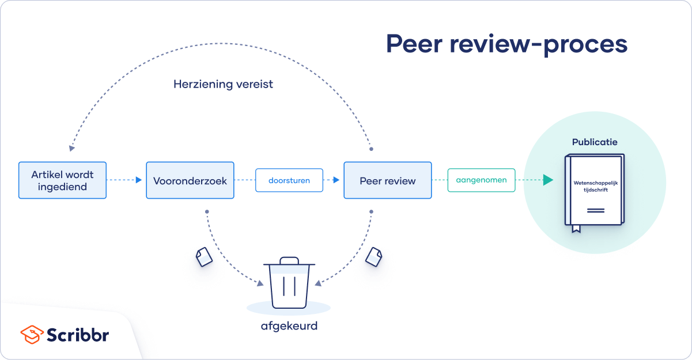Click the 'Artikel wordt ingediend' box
[62, 180]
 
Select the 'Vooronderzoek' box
[190, 180]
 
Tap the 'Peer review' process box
[387, 180]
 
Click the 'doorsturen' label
[289, 180]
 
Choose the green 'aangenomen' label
[481, 180]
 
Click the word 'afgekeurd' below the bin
[289, 326]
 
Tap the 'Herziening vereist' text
[223, 84]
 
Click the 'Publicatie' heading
[595, 142]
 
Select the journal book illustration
[594, 190]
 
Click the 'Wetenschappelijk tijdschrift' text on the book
[595, 186]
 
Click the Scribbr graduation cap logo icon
[31, 335]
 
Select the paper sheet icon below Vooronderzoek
[204, 256]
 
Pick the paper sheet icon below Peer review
[373, 256]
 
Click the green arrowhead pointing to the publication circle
[548, 180]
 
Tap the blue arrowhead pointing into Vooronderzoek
[138, 180]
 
